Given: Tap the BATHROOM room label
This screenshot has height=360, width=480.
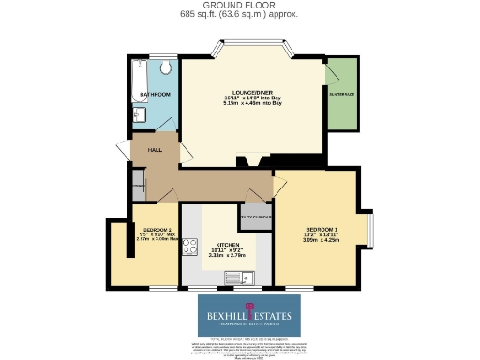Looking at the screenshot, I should (154, 96).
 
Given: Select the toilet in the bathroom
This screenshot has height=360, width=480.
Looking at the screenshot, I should (165, 67).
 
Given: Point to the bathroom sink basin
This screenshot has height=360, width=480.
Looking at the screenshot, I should (139, 114).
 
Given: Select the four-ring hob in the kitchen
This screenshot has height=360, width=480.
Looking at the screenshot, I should (188, 247).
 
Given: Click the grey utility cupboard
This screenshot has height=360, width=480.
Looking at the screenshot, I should (255, 217).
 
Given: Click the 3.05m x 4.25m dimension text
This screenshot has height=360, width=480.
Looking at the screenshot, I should (322, 239).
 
